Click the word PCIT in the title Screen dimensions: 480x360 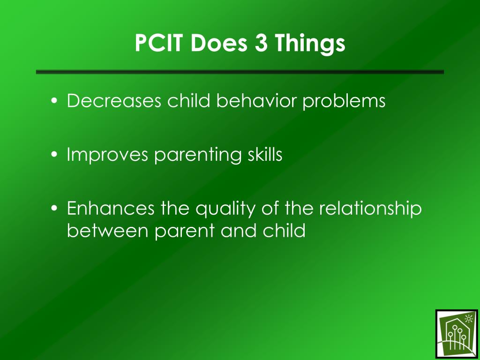pos(158,43)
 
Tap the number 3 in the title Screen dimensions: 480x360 pos(261,43)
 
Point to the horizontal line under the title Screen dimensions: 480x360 pos(240,72)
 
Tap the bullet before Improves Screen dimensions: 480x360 pos(54,154)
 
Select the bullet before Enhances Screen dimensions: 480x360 pos(54,208)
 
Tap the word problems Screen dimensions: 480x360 pos(344,101)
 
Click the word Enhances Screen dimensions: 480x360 pos(111,208)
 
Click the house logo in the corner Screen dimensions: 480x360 pos(457,334)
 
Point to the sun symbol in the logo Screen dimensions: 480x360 pos(468,319)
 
